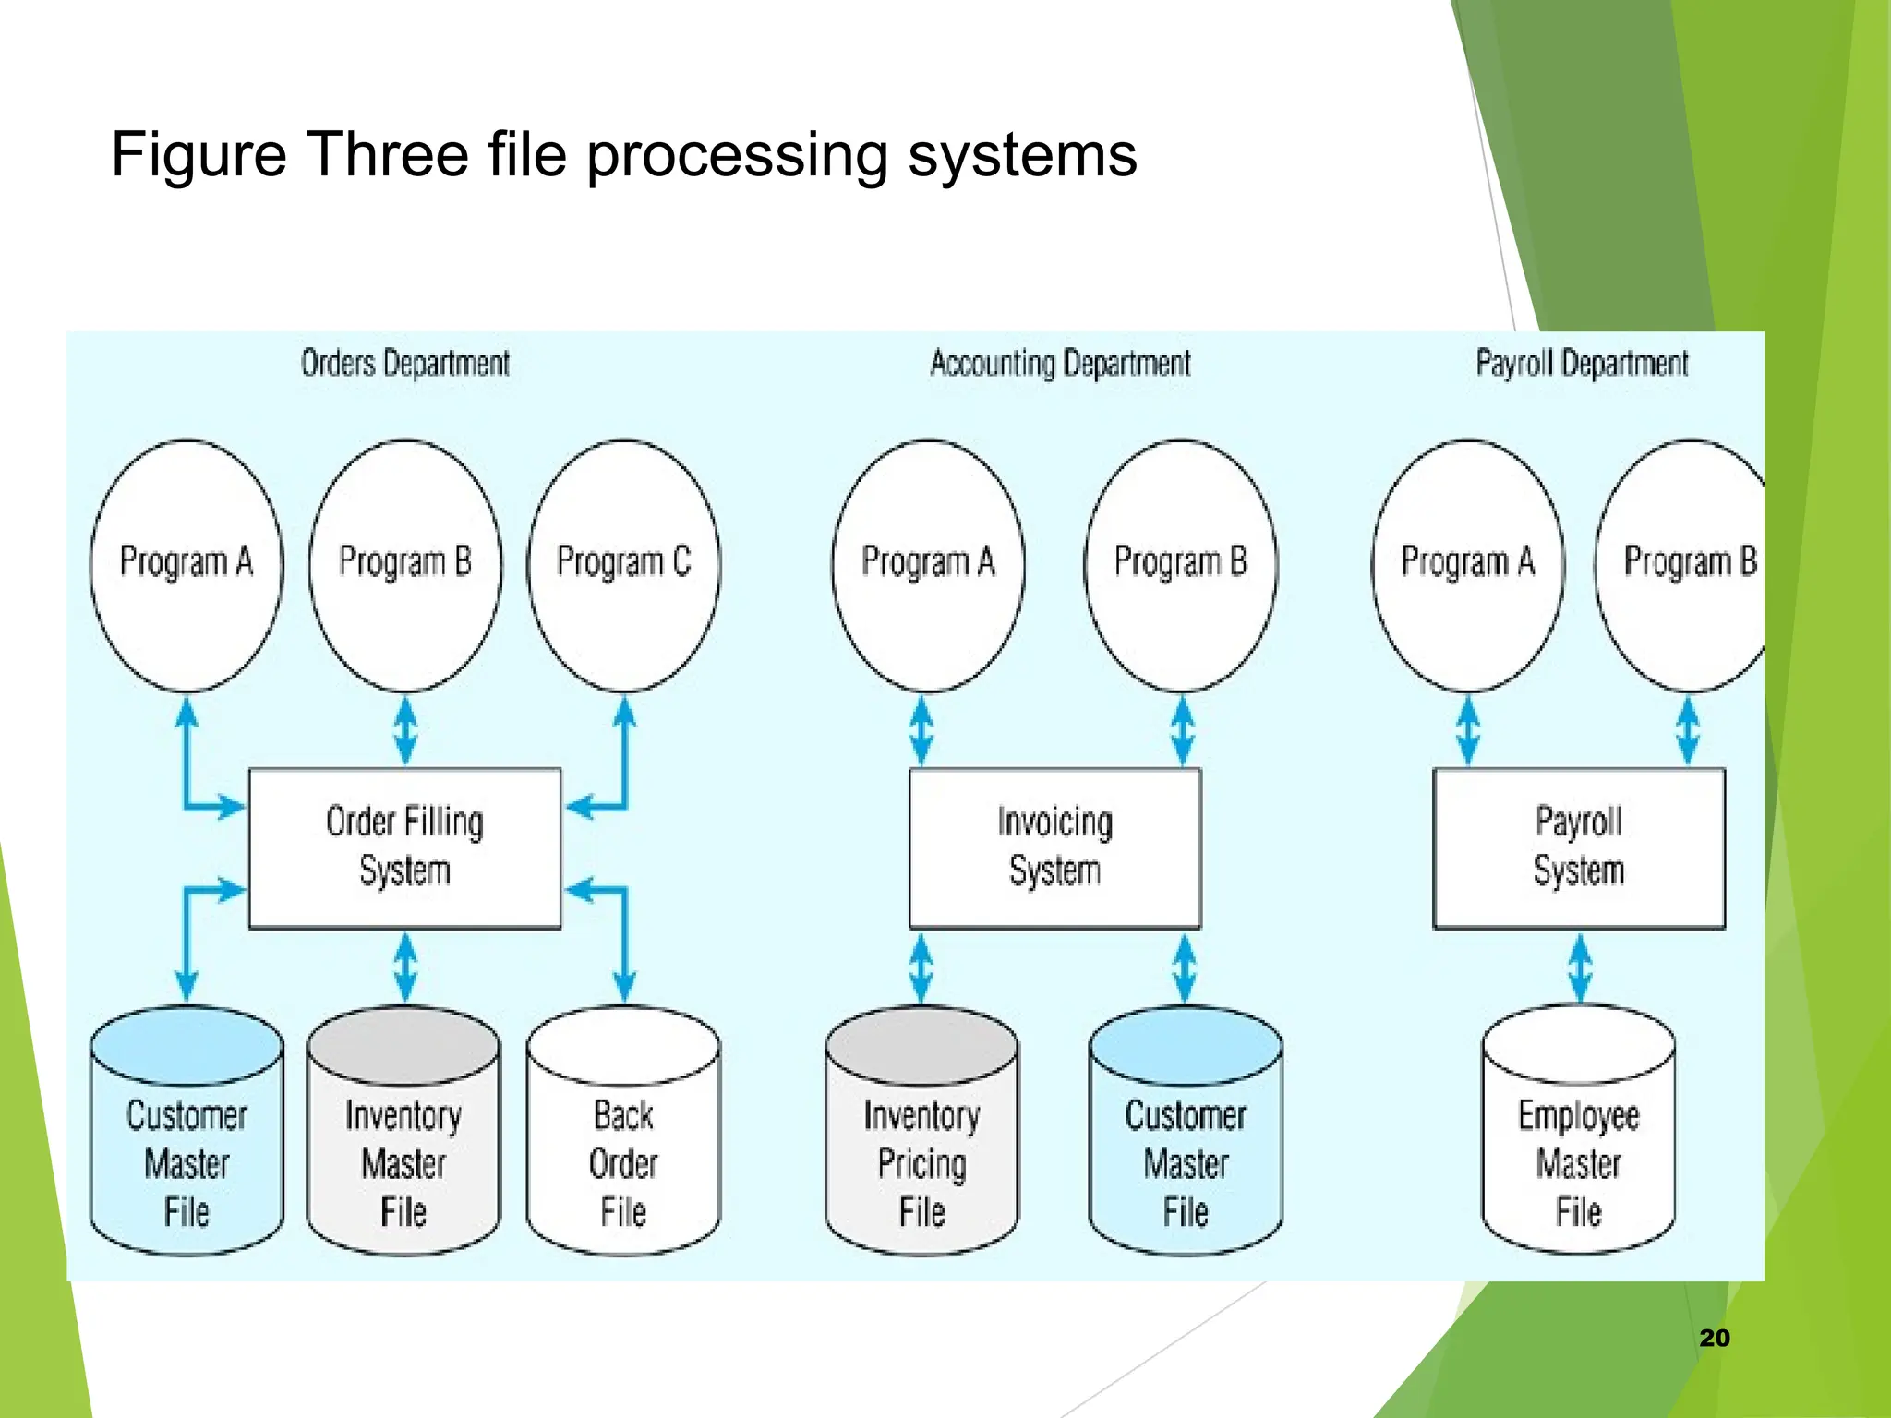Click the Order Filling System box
(404, 847)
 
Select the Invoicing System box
(1054, 847)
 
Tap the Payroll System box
(1578, 847)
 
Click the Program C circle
(624, 564)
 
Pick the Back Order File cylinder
(623, 1145)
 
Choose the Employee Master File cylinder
(1578, 1145)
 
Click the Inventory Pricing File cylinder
(921, 1145)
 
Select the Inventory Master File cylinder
(403, 1145)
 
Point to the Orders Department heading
(404, 364)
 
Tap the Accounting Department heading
(1060, 364)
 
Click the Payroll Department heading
(1582, 364)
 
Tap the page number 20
(1715, 1338)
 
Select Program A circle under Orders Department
(187, 564)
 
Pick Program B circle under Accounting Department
(1181, 564)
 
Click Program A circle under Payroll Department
(1467, 564)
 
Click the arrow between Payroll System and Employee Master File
(1580, 968)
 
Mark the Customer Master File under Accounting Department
(1186, 1145)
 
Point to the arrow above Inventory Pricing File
(921, 968)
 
